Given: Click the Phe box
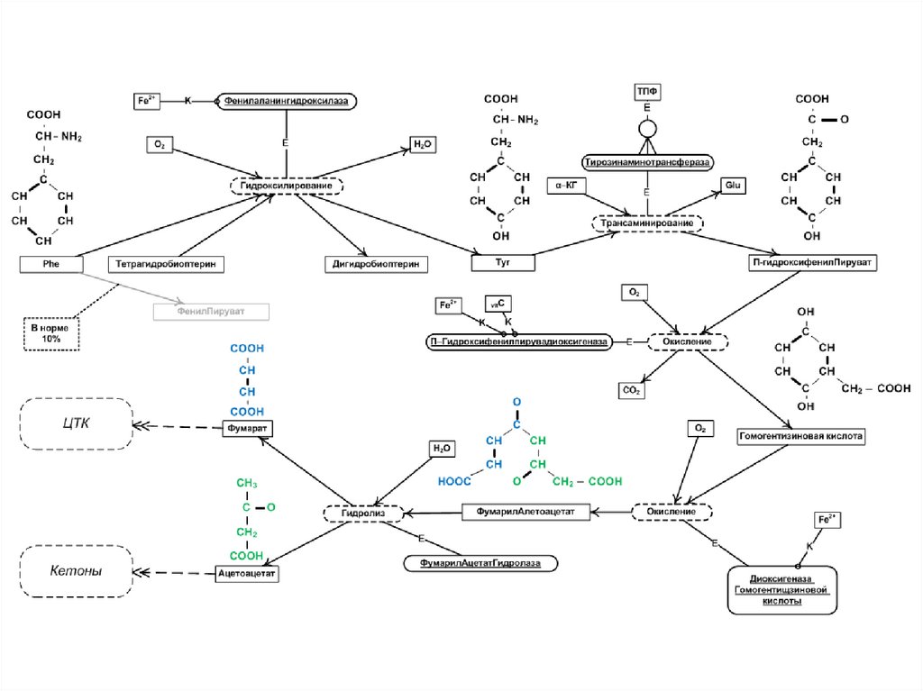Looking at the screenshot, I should click(50, 264).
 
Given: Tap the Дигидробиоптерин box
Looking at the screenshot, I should click(375, 264).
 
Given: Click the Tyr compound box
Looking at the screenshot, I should click(503, 262).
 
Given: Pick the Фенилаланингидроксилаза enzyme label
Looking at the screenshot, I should click(286, 102).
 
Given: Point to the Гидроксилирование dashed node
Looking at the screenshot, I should click(287, 186).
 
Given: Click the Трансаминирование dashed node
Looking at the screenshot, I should click(647, 223).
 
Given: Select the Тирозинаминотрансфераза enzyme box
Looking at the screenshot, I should click(647, 162).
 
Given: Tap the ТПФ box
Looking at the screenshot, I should click(647, 91).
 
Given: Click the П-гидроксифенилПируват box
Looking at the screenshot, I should click(814, 262).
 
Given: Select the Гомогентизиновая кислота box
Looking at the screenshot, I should click(801, 436).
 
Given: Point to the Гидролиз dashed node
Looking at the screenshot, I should click(354, 513).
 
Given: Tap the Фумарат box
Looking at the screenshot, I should click(249, 428).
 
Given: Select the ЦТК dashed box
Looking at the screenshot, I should click(77, 423).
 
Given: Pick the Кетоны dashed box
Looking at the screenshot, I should click(77, 570).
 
